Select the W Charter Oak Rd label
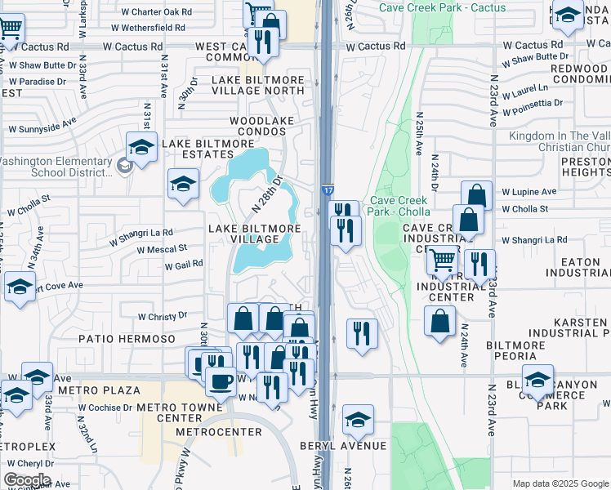click(157, 13)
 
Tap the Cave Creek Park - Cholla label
click(400, 206)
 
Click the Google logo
click(27, 479)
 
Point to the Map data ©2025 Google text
click(560, 483)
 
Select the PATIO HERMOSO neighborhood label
click(127, 338)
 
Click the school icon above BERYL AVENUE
click(358, 419)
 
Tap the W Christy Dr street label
click(163, 316)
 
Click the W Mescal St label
click(162, 249)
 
